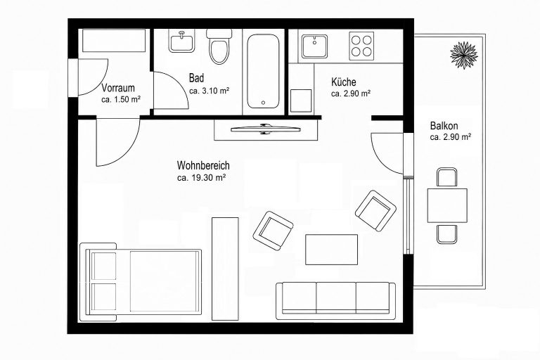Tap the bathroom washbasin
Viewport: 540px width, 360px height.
[181, 41]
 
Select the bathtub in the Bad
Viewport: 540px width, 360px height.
[263, 70]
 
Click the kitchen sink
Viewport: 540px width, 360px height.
[314, 46]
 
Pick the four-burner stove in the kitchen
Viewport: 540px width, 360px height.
[361, 46]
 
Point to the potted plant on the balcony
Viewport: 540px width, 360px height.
[464, 55]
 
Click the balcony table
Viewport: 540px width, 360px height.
[447, 205]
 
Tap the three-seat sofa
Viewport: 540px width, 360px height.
[336, 301]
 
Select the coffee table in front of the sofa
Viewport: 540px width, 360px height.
[331, 250]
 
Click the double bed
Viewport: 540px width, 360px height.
[141, 282]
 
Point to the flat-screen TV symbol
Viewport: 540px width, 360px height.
[266, 129]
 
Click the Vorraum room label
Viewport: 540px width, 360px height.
[118, 88]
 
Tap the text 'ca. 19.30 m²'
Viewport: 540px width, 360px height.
[202, 178]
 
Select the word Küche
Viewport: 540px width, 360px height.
[344, 82]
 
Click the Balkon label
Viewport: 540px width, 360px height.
[444, 126]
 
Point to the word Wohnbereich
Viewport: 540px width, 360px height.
[203, 166]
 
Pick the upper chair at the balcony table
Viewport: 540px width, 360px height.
[447, 177]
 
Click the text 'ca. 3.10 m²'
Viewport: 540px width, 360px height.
[210, 91]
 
